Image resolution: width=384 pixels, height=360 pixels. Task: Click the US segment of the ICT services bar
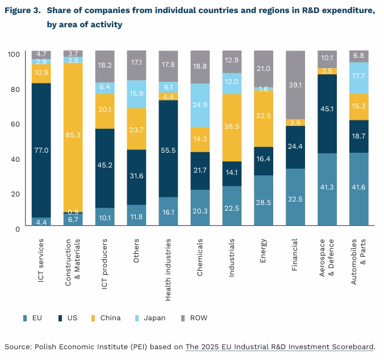41,150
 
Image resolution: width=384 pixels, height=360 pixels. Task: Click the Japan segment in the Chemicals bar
199,105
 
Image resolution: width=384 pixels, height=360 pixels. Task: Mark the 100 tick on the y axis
14,54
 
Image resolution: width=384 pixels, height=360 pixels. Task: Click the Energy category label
264,250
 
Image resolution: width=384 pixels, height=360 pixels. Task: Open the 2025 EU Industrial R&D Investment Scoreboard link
279,346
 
